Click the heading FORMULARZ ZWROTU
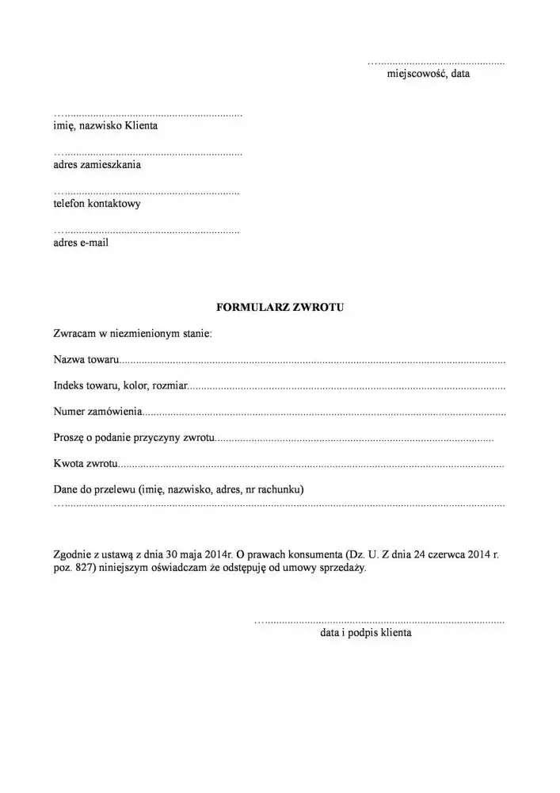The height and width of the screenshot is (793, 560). click(x=280, y=305)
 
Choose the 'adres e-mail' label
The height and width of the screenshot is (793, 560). click(x=81, y=243)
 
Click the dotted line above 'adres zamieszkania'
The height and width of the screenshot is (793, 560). click(x=147, y=153)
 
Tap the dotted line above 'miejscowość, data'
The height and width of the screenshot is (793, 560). click(x=435, y=62)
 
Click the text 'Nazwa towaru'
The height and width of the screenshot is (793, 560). click(x=86, y=361)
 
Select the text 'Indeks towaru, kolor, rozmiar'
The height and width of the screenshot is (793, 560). click(x=120, y=386)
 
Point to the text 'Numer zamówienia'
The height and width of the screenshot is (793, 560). click(x=98, y=412)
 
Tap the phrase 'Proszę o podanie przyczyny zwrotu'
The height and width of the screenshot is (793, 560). click(x=134, y=438)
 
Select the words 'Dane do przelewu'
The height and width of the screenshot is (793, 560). click(x=93, y=489)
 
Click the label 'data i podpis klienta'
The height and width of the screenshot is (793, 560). click(x=366, y=634)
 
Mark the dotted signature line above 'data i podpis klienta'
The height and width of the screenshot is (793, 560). click(x=379, y=622)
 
